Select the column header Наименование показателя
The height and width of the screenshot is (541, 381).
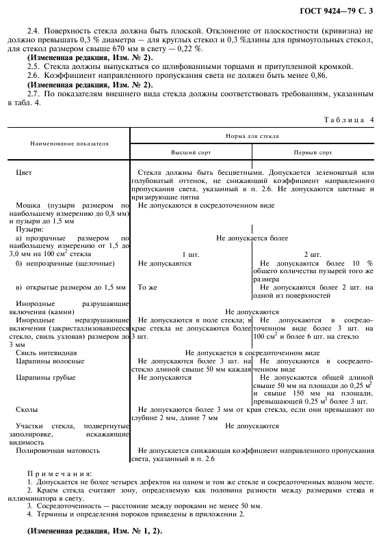click(x=68, y=144)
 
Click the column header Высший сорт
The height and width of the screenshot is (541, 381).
click(x=189, y=153)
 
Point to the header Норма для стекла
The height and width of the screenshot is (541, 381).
click(x=252, y=136)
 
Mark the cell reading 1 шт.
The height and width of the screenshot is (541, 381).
click(x=189, y=254)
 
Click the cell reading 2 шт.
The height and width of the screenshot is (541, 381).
click(x=312, y=254)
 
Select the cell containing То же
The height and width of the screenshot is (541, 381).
click(x=148, y=287)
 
